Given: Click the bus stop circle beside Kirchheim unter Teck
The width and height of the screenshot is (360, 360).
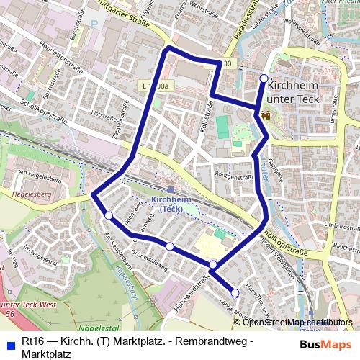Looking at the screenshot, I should click(264, 78).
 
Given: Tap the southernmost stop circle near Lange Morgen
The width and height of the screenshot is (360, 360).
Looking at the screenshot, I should click(235, 292).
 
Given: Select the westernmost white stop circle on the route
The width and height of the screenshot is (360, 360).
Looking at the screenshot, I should click(108, 215).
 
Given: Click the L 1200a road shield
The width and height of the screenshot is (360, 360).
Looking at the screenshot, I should click(156, 86).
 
